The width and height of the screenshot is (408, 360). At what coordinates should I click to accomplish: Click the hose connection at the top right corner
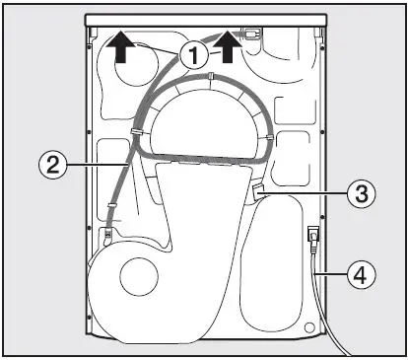[255, 34]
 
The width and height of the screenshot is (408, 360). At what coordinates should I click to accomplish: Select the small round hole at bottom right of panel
[313, 325]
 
